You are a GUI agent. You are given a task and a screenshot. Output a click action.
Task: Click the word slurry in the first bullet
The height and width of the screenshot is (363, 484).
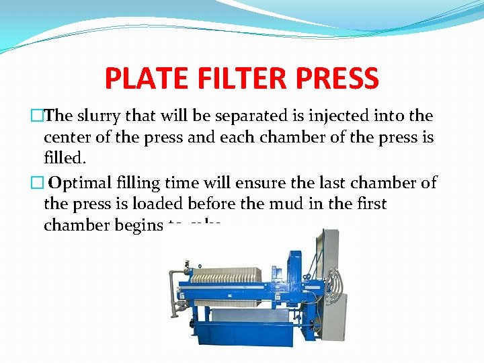98,116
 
